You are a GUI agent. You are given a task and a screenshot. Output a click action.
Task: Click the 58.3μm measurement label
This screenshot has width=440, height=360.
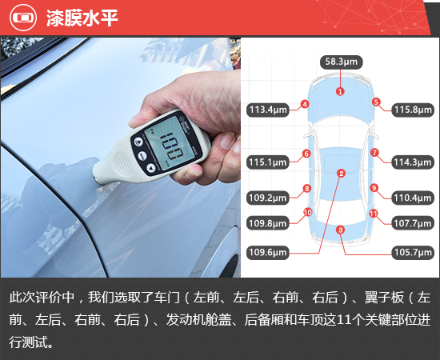click(x=342, y=62)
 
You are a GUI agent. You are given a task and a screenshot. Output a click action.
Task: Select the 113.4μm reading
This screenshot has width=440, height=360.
click(x=268, y=110)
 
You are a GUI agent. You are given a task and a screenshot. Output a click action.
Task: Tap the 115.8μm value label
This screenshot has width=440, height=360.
click(x=413, y=110)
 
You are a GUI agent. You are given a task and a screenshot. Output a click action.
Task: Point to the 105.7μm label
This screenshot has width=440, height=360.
click(x=413, y=253)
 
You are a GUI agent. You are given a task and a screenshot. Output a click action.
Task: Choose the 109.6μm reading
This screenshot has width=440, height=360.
click(x=268, y=253)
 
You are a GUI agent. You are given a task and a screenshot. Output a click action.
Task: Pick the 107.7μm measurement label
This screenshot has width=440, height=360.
click(x=413, y=223)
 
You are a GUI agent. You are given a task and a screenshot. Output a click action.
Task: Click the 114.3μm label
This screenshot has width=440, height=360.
click(x=413, y=162)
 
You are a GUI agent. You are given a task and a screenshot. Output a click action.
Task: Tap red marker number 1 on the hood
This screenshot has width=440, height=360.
click(x=340, y=91)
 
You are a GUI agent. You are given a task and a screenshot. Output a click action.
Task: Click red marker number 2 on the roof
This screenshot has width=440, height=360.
click(x=342, y=174)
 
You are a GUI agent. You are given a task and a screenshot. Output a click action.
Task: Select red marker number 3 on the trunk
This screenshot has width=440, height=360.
click(x=340, y=230)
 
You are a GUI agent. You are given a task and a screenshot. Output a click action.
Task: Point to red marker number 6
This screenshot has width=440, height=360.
click(x=306, y=154)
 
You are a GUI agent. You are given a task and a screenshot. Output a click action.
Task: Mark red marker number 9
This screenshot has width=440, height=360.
click(x=374, y=188)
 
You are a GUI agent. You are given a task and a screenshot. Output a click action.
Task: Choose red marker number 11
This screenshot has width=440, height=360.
click(x=374, y=214)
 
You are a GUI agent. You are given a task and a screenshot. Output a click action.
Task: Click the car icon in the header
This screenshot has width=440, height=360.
click(x=23, y=18)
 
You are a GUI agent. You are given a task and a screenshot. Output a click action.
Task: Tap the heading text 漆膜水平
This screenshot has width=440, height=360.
click(x=82, y=18)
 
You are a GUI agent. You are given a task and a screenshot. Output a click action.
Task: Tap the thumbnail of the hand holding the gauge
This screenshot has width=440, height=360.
click(x=121, y=158)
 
